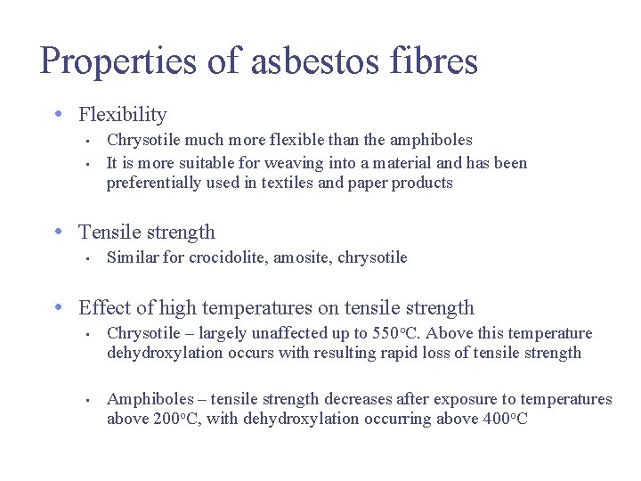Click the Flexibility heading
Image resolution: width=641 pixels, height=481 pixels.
point(123,115)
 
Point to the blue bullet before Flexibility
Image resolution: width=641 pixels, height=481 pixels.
point(57,115)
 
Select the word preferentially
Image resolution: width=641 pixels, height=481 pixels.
point(152,183)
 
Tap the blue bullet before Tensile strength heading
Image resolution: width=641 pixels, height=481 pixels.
point(57,232)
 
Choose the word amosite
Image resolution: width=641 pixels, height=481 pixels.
point(302,258)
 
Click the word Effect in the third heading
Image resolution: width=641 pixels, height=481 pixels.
point(103,308)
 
